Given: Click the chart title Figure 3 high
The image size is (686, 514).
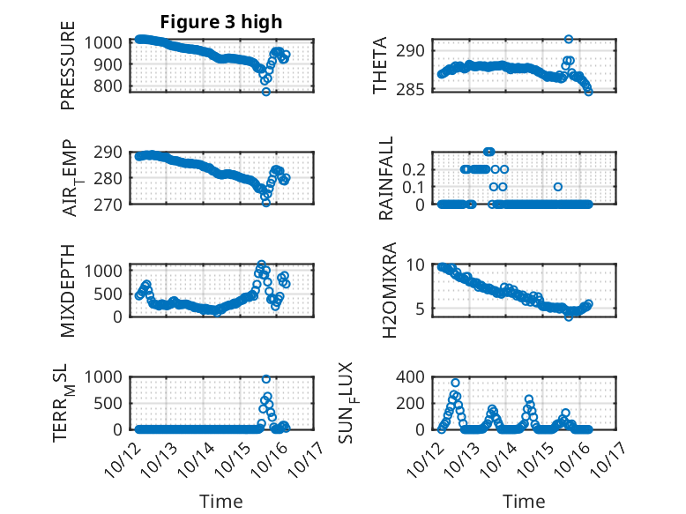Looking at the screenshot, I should click(x=220, y=21).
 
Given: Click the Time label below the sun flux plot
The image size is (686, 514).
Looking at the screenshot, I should click(x=524, y=501).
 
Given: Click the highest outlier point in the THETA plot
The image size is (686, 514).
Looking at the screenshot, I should click(x=569, y=40).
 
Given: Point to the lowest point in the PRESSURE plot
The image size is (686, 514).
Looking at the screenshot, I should click(x=265, y=92).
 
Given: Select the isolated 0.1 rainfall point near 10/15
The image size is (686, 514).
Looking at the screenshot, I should click(x=557, y=186).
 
